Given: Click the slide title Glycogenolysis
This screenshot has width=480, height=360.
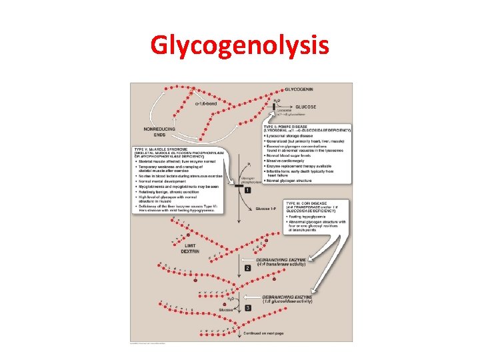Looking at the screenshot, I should (x=239, y=45).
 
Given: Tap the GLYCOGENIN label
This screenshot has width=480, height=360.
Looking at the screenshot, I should (x=301, y=89).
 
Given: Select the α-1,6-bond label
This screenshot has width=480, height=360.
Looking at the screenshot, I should (x=206, y=103).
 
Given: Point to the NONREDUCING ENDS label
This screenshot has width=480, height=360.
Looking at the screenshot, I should (x=157, y=131).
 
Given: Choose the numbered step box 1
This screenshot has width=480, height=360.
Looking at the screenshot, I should (x=247, y=191).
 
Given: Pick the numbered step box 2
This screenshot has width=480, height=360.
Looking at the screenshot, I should (x=247, y=268).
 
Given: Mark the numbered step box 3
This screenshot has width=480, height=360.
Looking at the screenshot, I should (x=247, y=307).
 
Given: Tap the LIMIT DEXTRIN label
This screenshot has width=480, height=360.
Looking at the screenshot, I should (x=189, y=249).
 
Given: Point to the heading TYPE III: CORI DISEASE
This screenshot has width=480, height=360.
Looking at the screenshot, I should (x=309, y=203).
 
